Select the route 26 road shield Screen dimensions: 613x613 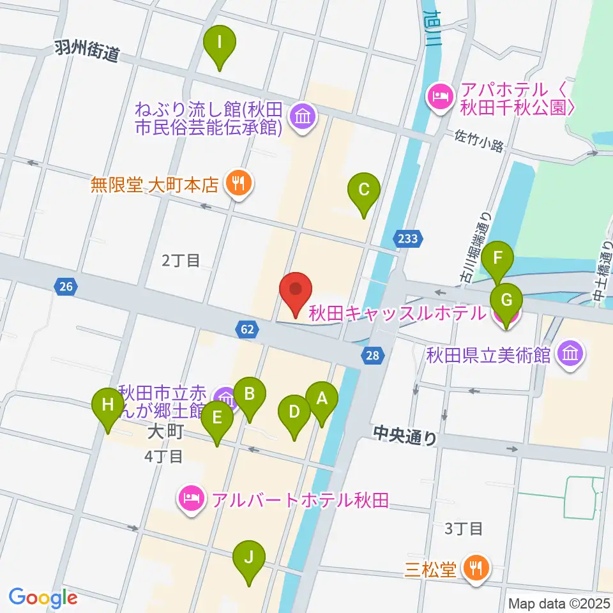(x=66, y=287)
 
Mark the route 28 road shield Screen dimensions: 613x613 (x=374, y=356)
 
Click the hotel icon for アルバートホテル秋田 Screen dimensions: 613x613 (x=191, y=497)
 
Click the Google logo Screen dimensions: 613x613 (x=43, y=598)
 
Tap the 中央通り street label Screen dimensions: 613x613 (x=405, y=437)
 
